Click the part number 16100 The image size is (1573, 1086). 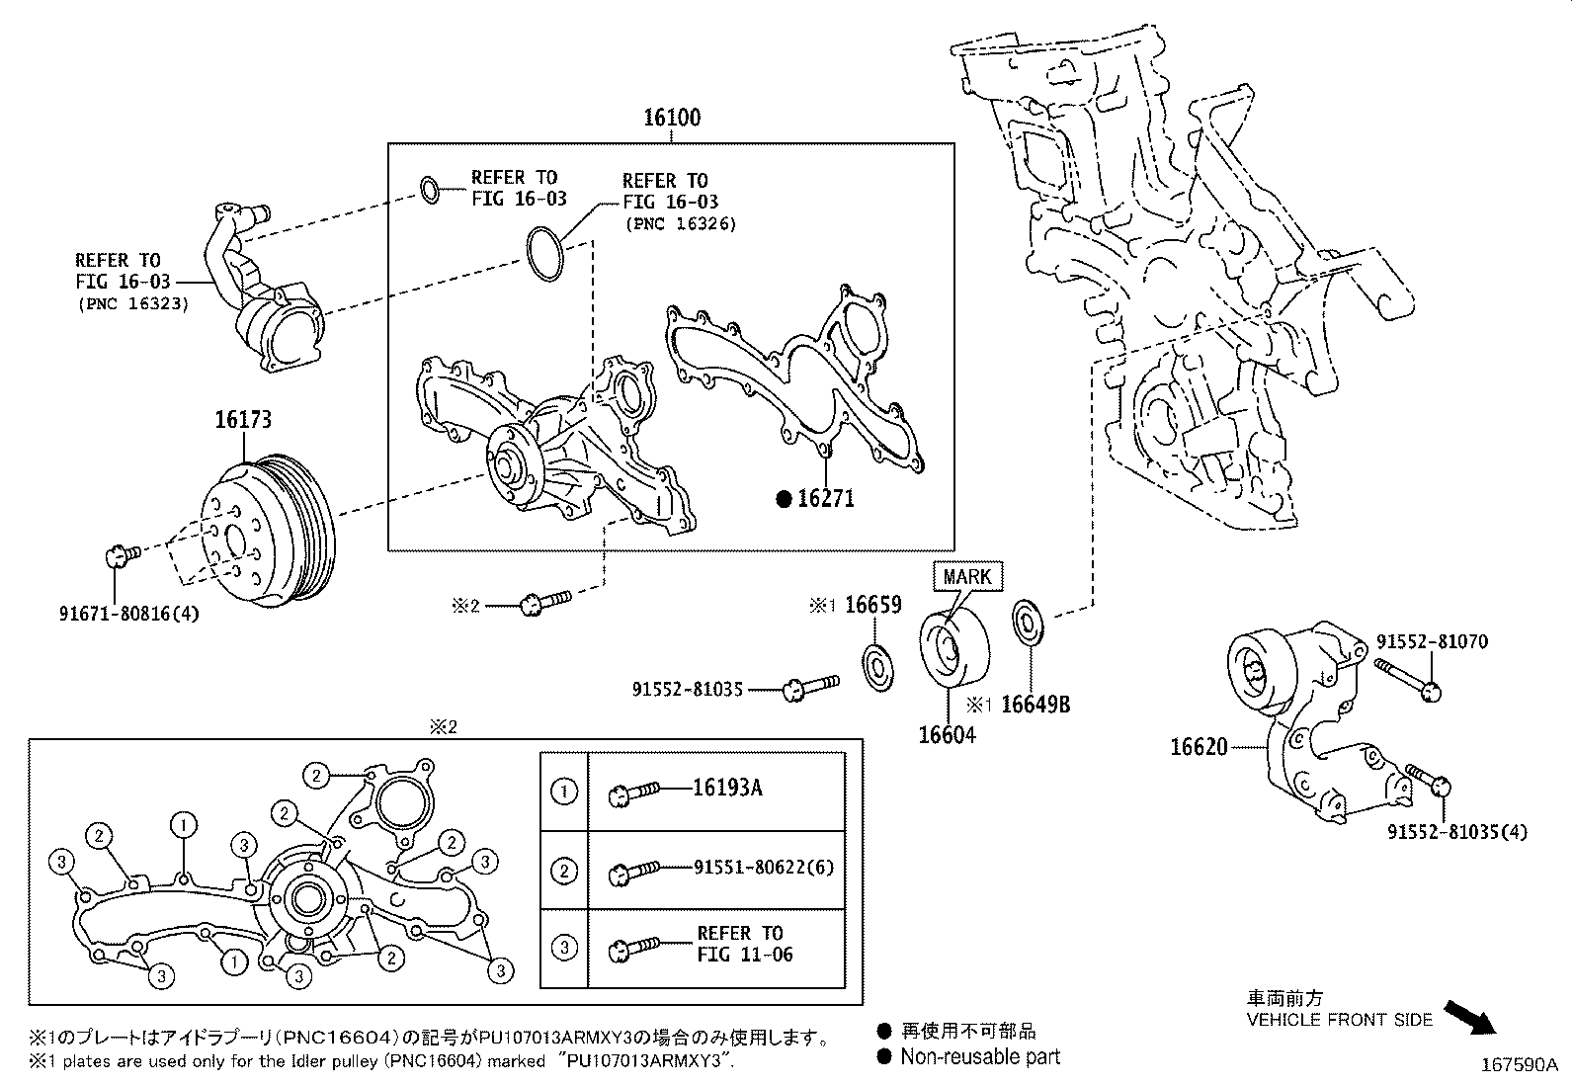(x=672, y=118)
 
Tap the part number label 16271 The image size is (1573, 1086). (x=826, y=499)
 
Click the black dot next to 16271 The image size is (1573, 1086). (x=784, y=500)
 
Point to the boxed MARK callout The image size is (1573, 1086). (x=966, y=577)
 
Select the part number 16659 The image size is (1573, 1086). (x=872, y=605)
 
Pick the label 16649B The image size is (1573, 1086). (x=1035, y=704)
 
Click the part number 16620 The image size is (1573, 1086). (x=1199, y=747)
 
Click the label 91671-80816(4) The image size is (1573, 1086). (x=129, y=614)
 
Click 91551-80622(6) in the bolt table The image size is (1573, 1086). (x=764, y=868)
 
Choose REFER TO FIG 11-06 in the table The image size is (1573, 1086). (x=745, y=944)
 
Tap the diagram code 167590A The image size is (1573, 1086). (x=1518, y=1065)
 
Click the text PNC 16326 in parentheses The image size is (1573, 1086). (x=680, y=224)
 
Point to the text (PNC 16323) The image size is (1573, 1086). (x=132, y=303)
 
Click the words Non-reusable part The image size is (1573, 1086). (x=979, y=1056)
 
